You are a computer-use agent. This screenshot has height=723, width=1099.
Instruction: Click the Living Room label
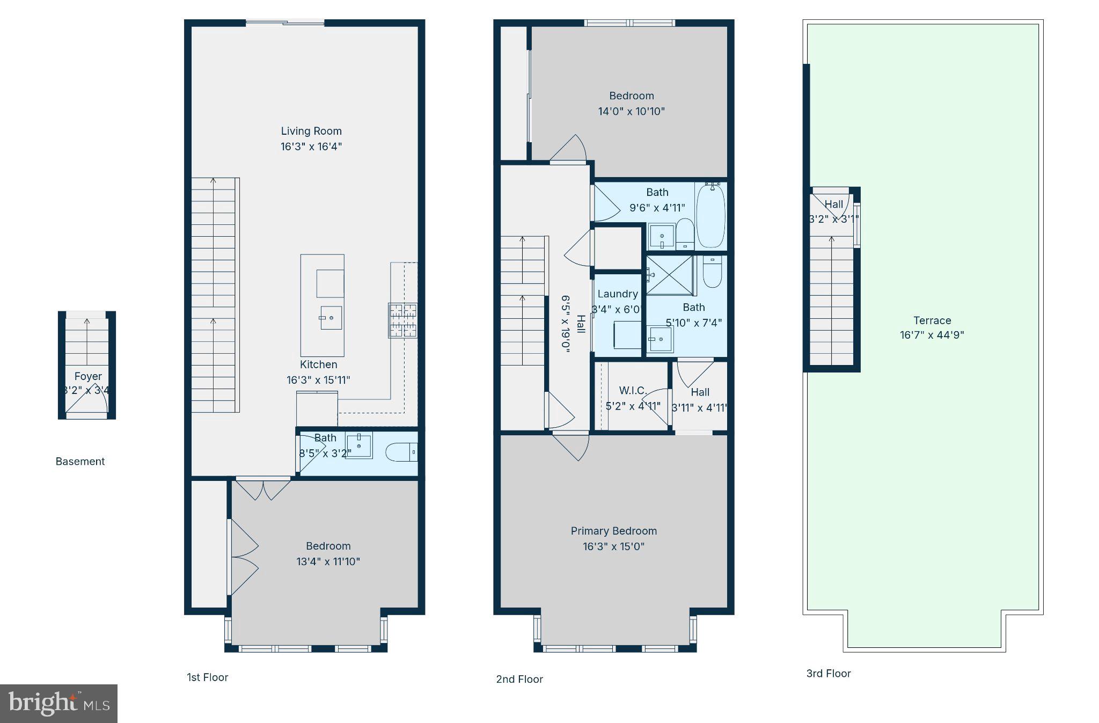311,131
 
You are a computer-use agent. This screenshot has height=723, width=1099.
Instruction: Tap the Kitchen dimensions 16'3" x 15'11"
318,380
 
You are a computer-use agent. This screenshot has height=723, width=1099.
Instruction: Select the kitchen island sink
331,318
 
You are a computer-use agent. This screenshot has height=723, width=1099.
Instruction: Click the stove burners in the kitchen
402,320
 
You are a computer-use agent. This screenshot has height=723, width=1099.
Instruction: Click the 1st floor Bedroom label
328,546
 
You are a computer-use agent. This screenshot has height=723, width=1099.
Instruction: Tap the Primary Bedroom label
613,531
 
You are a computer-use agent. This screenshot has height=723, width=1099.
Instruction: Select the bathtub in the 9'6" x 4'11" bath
710,216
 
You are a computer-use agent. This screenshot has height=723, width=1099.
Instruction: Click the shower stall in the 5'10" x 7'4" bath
670,275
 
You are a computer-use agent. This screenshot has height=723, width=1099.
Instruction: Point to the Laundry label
617,294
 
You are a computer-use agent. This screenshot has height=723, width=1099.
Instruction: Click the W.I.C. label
633,390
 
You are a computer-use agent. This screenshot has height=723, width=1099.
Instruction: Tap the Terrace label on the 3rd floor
932,320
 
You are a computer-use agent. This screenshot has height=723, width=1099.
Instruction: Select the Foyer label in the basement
88,376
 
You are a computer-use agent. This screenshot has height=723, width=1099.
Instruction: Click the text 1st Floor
207,677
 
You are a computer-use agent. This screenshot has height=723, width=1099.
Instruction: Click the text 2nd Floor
519,679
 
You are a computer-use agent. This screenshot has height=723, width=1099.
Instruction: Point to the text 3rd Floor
828,674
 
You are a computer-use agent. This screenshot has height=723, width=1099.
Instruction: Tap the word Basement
80,462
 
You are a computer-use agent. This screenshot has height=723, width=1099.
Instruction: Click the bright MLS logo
58,704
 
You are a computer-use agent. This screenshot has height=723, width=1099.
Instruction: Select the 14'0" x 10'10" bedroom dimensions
631,112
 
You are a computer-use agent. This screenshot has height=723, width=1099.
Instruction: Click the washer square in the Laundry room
627,335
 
